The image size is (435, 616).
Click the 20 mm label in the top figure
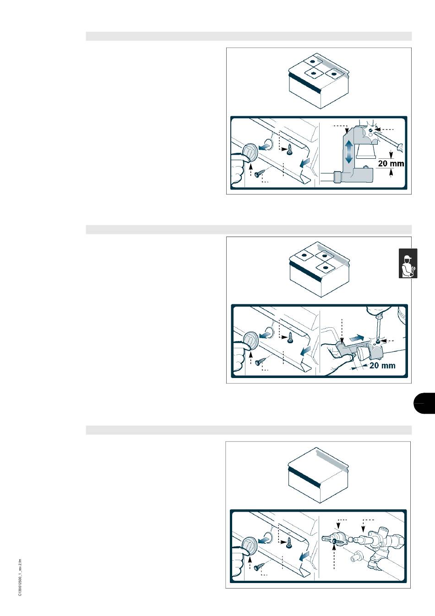click(x=391, y=163)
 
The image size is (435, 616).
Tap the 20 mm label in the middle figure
click(x=382, y=366)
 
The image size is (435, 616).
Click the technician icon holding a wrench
click(x=408, y=264)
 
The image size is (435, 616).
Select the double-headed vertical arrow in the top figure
click(x=348, y=151)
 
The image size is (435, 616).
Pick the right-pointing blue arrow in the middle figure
click(x=357, y=337)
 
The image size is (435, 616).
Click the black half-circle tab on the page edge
click(x=424, y=403)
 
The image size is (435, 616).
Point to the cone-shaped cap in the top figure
click(x=366, y=151)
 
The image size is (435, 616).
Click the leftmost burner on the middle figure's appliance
click(x=304, y=255)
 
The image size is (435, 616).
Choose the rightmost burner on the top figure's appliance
click(x=334, y=74)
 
